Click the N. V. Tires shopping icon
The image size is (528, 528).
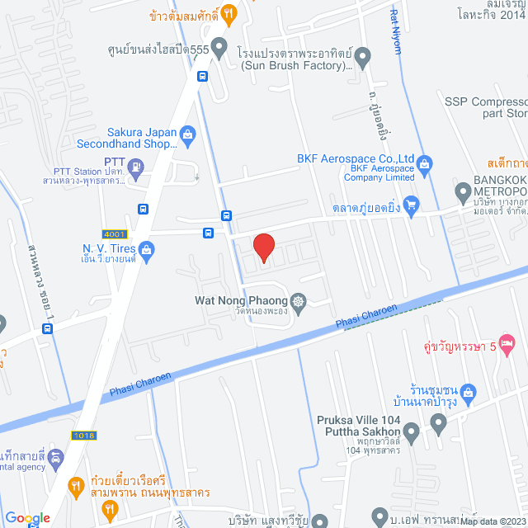(x=146, y=249)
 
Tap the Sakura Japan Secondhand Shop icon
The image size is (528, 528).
(x=188, y=133)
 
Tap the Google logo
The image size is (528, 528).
(x=27, y=518)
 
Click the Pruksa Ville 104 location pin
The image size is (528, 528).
(x=437, y=427)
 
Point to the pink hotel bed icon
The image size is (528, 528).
(x=508, y=342)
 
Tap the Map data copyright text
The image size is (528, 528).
(x=492, y=521)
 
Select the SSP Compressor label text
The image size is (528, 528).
(x=485, y=101)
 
